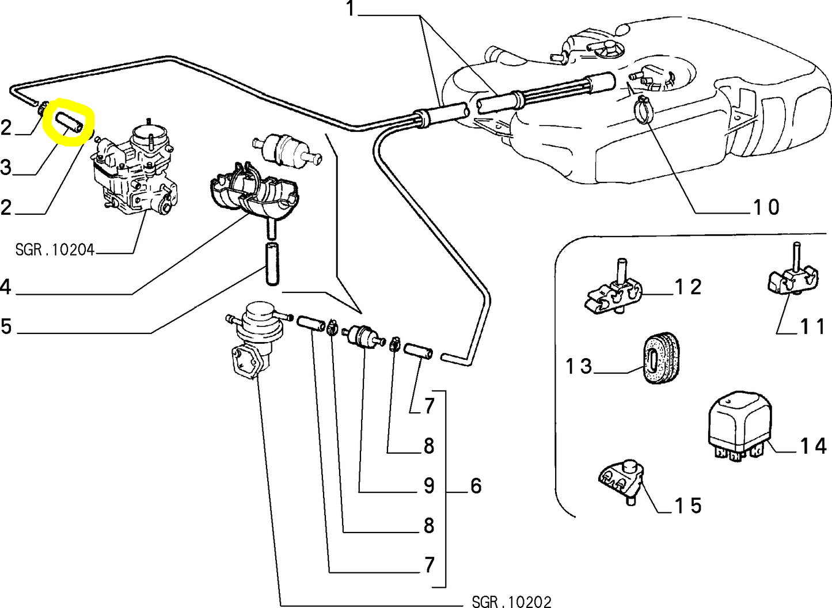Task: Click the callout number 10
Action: point(766,207)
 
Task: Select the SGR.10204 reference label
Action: point(55,250)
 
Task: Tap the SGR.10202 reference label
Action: point(511,602)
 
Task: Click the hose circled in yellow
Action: point(69,123)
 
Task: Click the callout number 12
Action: point(688,287)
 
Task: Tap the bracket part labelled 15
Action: point(620,480)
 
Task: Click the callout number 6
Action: point(476,485)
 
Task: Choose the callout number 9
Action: point(429,485)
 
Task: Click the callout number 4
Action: point(6,286)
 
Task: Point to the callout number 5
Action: point(6,326)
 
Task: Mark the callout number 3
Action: point(6,168)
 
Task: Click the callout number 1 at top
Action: point(351,9)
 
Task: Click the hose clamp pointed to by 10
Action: point(643,108)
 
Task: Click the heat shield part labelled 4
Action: point(253,190)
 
